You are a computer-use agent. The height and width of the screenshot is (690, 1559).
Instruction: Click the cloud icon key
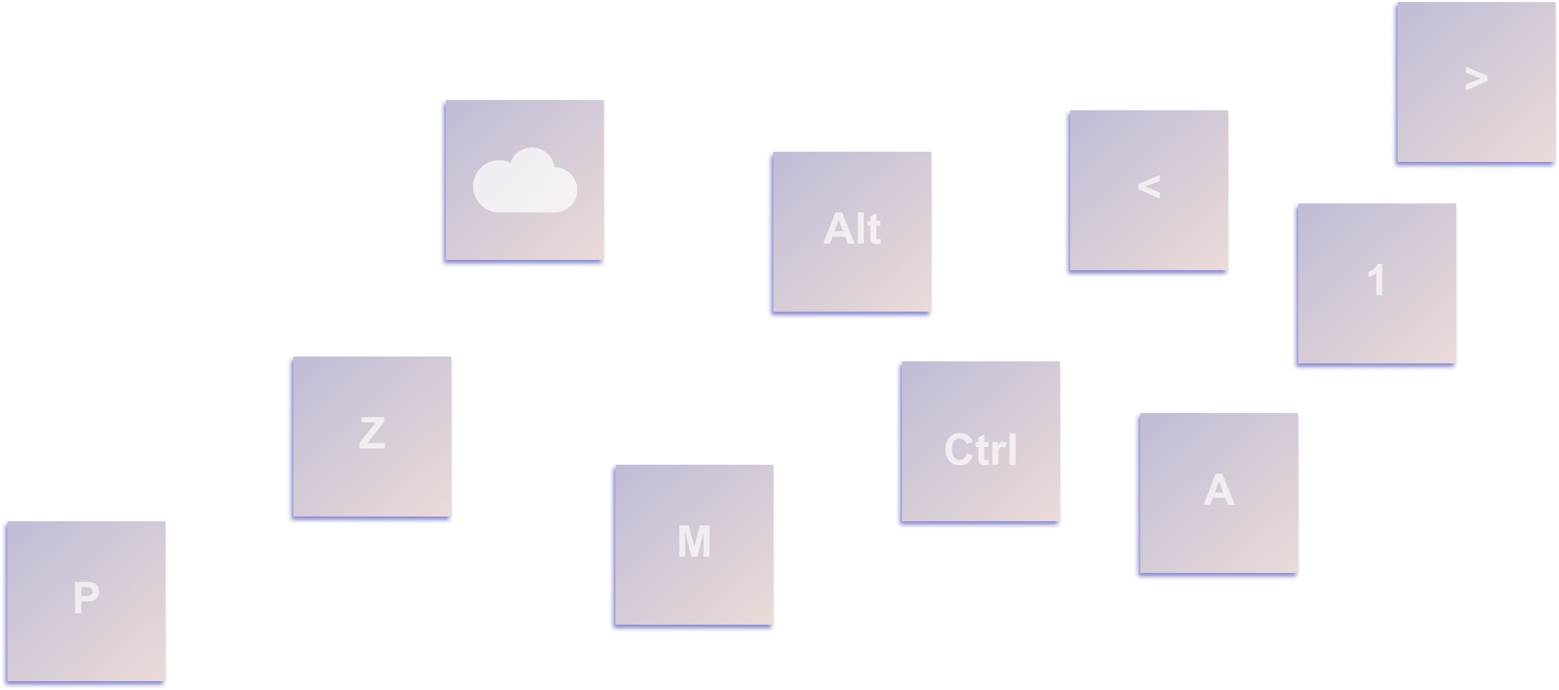coord(524,180)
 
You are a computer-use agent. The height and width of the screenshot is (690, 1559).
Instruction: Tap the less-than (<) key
coord(1148,191)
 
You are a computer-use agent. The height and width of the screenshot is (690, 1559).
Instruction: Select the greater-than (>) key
coord(1475,82)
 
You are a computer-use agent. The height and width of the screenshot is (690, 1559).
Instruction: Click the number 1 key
coord(1377,284)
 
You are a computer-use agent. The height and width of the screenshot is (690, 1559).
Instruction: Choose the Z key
coord(372,437)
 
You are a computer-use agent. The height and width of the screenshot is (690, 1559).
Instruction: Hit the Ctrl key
coord(980,442)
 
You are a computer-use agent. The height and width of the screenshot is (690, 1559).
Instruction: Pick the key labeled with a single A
coord(1219,493)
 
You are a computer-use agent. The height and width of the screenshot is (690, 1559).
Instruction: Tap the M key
coord(694,545)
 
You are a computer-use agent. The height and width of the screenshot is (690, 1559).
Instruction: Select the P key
coord(86,602)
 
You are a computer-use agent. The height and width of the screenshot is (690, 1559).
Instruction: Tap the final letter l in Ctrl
coord(1013,450)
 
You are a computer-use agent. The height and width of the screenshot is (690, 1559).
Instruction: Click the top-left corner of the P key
coord(7,522)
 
